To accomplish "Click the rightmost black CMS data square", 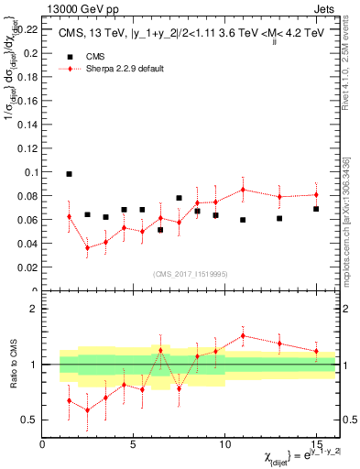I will pyautogui.click(x=316, y=209).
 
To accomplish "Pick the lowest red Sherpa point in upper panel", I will pyautogui.click(x=87, y=248).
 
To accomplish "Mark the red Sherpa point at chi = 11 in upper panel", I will pyautogui.click(x=243, y=190).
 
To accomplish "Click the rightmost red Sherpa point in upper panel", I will pyautogui.click(x=316, y=194).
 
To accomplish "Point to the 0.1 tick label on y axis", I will pyautogui.click(x=27, y=172).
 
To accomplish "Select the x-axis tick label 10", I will pyautogui.click(x=224, y=444).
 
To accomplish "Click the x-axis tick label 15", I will pyautogui.click(x=316, y=444).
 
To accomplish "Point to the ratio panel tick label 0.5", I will pyautogui.click(x=27, y=420).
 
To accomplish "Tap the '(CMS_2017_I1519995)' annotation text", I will pyautogui.click(x=190, y=273).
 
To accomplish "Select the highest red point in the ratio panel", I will pyautogui.click(x=243, y=335).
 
